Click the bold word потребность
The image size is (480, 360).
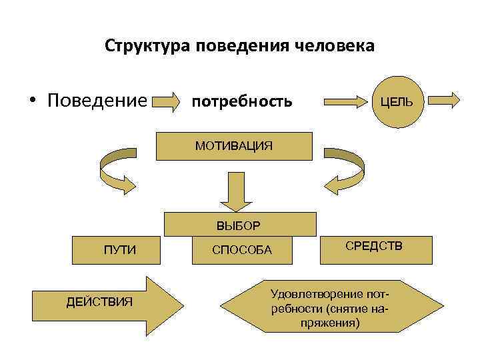(241, 101)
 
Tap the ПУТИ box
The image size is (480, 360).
(120, 251)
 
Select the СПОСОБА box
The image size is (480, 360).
(242, 251)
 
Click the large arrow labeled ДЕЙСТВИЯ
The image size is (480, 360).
(107, 303)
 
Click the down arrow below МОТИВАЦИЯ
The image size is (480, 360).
(234, 191)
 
